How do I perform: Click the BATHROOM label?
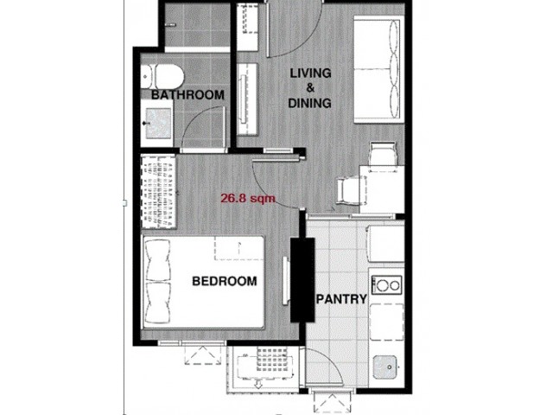coord(188,95)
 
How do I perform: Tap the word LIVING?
coord(310,73)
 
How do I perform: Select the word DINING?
coord(309,103)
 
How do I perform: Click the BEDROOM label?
coord(225,281)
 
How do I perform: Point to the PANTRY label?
coord(341,299)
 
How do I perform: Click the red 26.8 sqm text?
coord(248,198)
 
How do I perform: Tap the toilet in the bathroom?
coord(162,76)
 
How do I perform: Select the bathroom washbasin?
coord(157,123)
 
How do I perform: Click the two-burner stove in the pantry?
coord(387,284)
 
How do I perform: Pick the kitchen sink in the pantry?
coord(385,367)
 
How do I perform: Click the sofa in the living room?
coord(378,69)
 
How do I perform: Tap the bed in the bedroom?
coord(203,283)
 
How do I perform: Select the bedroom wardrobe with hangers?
coord(158,192)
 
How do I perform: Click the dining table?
coord(382,189)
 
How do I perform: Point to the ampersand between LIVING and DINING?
coord(310,87)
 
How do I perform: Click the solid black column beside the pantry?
coord(302,279)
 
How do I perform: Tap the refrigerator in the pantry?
coord(385,244)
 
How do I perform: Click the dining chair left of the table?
coord(348,190)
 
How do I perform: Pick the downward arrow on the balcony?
coord(258,384)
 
